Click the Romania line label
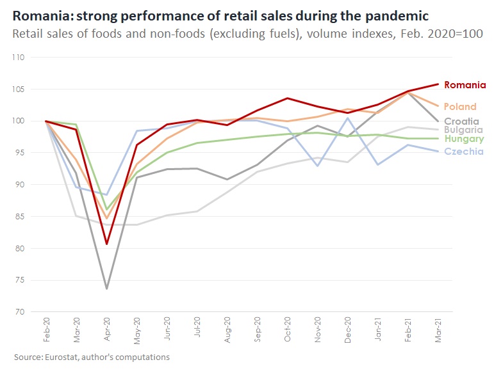465,84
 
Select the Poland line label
459,107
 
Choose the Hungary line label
463,139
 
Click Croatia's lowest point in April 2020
106,288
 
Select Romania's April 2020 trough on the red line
106,244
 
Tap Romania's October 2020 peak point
288,98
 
